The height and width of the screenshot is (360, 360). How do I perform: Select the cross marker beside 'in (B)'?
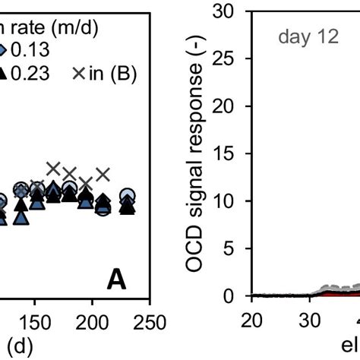pos(81,74)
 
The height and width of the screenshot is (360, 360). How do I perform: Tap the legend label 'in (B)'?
pos(115,74)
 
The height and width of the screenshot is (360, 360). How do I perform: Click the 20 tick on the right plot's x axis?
pos(251,320)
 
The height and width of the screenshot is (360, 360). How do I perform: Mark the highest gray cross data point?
pos(53,168)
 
